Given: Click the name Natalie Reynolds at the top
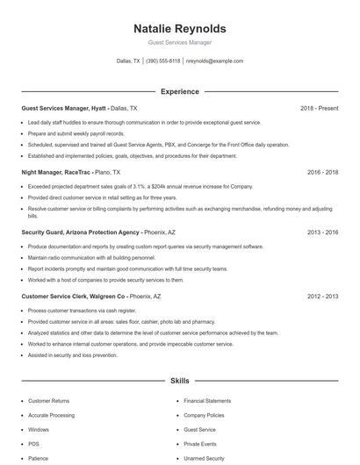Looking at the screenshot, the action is tap(180, 29).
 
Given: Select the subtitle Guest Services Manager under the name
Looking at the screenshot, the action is tap(180, 42).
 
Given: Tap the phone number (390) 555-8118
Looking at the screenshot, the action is tap(162, 61).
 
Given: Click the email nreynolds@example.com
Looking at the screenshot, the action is tap(214, 61).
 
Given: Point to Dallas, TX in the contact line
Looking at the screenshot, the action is tap(128, 61).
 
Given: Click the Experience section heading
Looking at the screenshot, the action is tap(180, 91).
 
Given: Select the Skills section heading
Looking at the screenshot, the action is tap(180, 382).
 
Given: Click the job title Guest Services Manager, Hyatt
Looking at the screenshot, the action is tap(64, 109).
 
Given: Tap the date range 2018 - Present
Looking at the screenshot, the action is tap(319, 109).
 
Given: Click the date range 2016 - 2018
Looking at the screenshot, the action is tap(323, 173).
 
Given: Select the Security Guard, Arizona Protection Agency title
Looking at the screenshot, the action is tap(80, 232).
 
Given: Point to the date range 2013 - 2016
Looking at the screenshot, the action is tap(323, 232).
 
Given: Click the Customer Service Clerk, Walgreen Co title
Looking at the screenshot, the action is tap(74, 297).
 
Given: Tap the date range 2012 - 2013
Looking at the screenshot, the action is tap(323, 297).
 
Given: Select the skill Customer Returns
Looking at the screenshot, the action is tap(49, 400).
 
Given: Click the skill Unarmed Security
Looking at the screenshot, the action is tap(204, 458).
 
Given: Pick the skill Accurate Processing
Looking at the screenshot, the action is tap(52, 415).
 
